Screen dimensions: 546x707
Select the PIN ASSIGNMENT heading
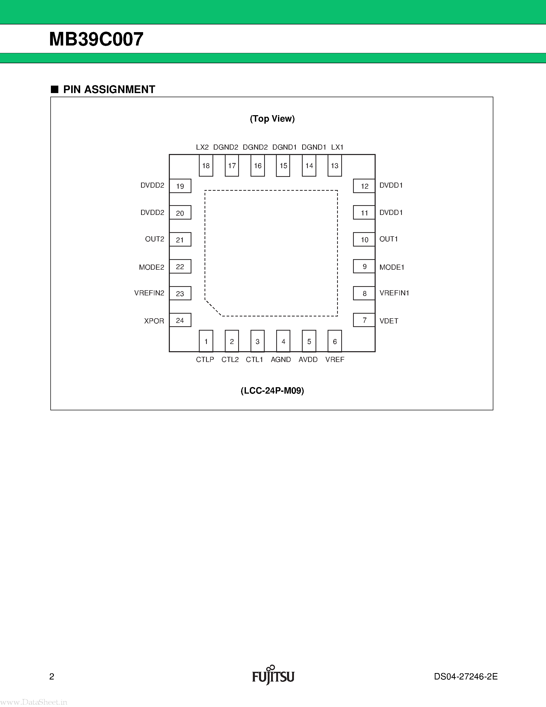tap(109, 89)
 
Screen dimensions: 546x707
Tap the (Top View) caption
tap(272, 119)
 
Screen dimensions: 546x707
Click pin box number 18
tap(206, 166)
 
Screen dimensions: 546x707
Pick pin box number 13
tap(335, 166)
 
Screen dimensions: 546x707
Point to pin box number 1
tap(206, 341)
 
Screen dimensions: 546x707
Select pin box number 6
tap(335, 341)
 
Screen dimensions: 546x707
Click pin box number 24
tap(180, 320)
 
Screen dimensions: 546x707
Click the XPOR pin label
tap(154, 321)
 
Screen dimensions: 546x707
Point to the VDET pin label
tap(389, 321)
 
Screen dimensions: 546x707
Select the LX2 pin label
tap(202, 147)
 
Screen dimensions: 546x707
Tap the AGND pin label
tap(281, 360)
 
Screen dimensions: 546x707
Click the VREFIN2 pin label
tap(149, 293)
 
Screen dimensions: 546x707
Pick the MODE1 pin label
tap(392, 267)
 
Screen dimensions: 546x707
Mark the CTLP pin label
tap(205, 360)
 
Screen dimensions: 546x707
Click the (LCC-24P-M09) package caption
tap(272, 391)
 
